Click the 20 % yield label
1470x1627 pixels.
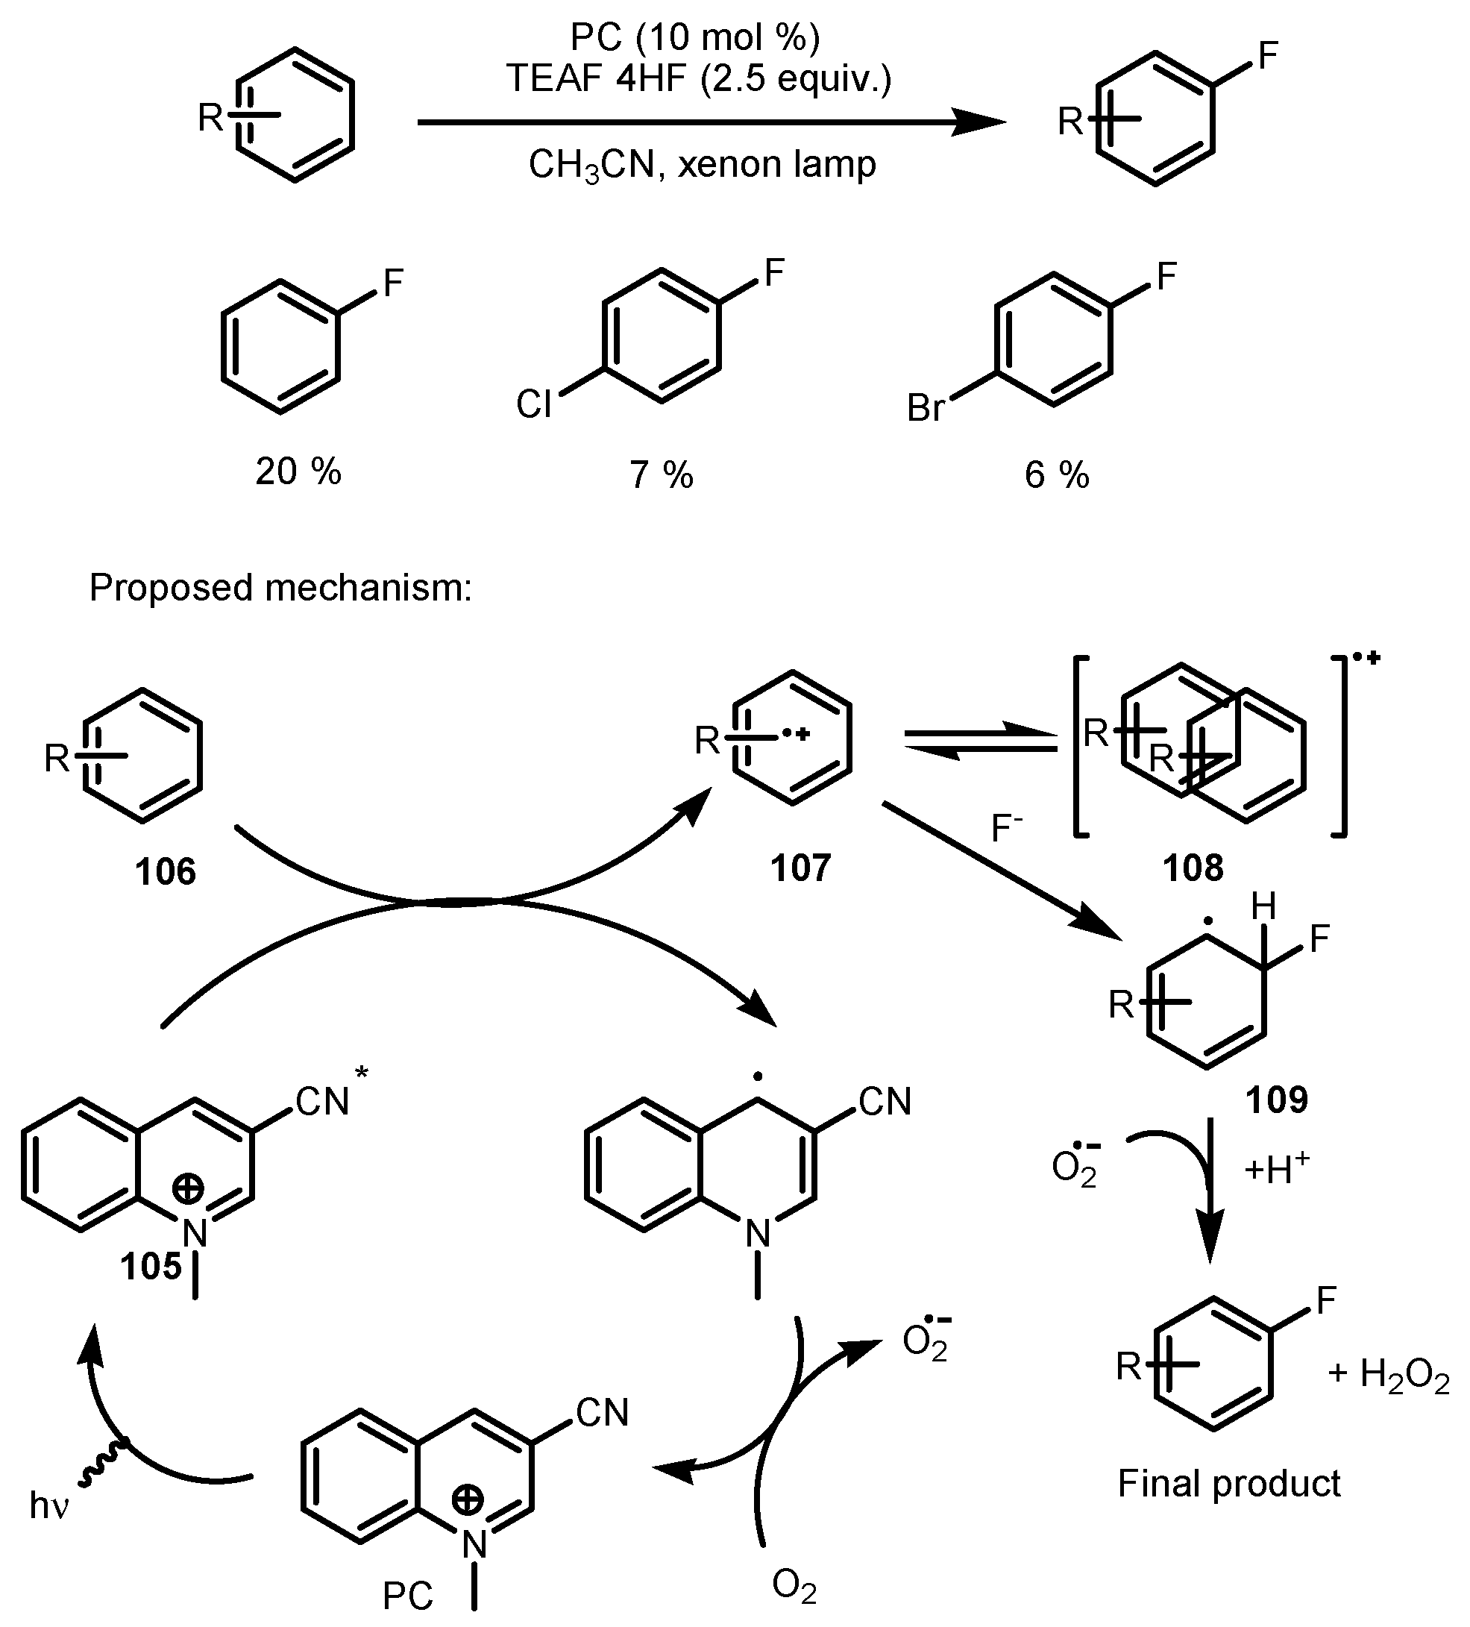pyautogui.click(x=298, y=471)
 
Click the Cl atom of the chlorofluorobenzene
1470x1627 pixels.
pyautogui.click(x=533, y=404)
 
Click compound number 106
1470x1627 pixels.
pyautogui.click(x=166, y=872)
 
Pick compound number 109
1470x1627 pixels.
pyautogui.click(x=1275, y=1099)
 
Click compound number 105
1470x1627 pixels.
pyautogui.click(x=151, y=1266)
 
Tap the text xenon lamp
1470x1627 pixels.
pyautogui.click(x=776, y=165)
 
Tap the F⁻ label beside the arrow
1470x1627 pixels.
pyautogui.click(x=1007, y=828)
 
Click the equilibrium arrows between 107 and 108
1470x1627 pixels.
pyautogui.click(x=979, y=742)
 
